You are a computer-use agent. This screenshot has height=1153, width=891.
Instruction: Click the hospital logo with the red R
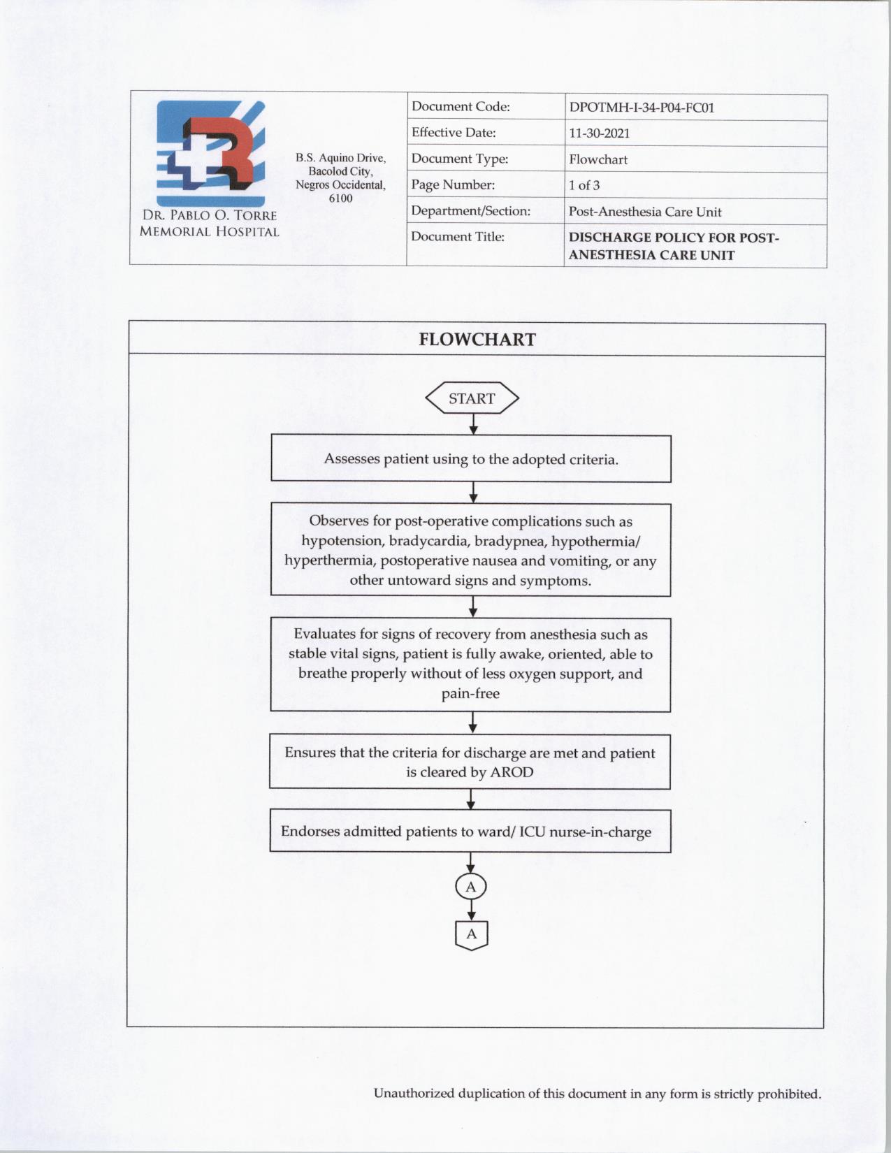210,153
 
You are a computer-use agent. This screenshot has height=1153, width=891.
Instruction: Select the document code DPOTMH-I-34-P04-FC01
641,108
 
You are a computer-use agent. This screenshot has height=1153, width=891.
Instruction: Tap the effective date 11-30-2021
599,133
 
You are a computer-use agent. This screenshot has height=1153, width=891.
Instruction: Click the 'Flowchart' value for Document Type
598,159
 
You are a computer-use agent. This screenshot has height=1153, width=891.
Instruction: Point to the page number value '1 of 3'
584,185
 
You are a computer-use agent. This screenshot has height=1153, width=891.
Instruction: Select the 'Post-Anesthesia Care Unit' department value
644,212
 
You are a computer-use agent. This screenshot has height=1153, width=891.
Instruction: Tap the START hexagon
472,398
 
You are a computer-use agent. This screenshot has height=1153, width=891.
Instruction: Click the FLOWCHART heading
477,340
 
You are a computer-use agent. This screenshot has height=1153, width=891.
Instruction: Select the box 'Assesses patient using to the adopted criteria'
470,459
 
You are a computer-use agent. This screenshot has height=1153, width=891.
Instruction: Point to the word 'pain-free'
470,694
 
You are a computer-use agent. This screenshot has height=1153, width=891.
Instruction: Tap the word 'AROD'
512,772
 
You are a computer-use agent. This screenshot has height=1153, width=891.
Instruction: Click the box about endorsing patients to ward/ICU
470,832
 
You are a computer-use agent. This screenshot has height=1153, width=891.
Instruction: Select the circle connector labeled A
471,887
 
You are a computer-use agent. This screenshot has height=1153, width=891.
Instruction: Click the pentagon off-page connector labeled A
471,934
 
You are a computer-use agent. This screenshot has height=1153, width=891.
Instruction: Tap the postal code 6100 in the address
340,198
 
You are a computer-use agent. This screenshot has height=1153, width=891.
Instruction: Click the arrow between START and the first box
473,424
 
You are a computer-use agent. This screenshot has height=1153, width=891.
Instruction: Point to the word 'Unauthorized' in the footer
414,1094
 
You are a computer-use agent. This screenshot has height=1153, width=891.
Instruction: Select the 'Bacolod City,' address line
340,172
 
